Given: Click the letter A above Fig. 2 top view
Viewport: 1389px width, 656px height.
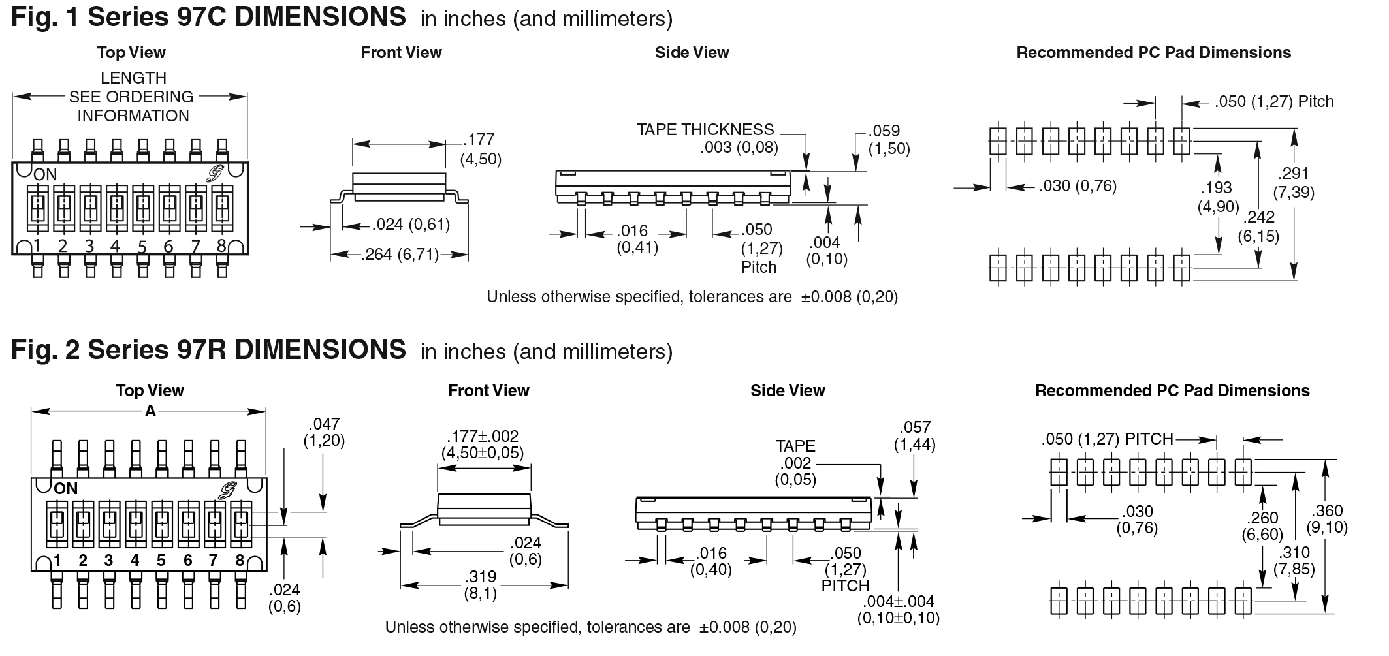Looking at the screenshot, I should pos(150,411).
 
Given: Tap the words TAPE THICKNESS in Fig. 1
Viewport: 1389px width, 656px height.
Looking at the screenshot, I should pos(705,129).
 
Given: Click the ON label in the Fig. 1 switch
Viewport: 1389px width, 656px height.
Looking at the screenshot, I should pos(45,174).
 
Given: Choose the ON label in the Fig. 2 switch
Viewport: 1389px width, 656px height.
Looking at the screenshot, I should pos(66,488).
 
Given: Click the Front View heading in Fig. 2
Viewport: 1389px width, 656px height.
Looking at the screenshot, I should pos(488,390).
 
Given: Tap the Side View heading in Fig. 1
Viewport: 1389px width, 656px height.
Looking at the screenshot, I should pos(692,53).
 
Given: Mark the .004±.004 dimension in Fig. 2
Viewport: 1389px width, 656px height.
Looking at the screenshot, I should pos(898,601).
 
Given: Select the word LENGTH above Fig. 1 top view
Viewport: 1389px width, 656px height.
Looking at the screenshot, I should pos(133,78).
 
